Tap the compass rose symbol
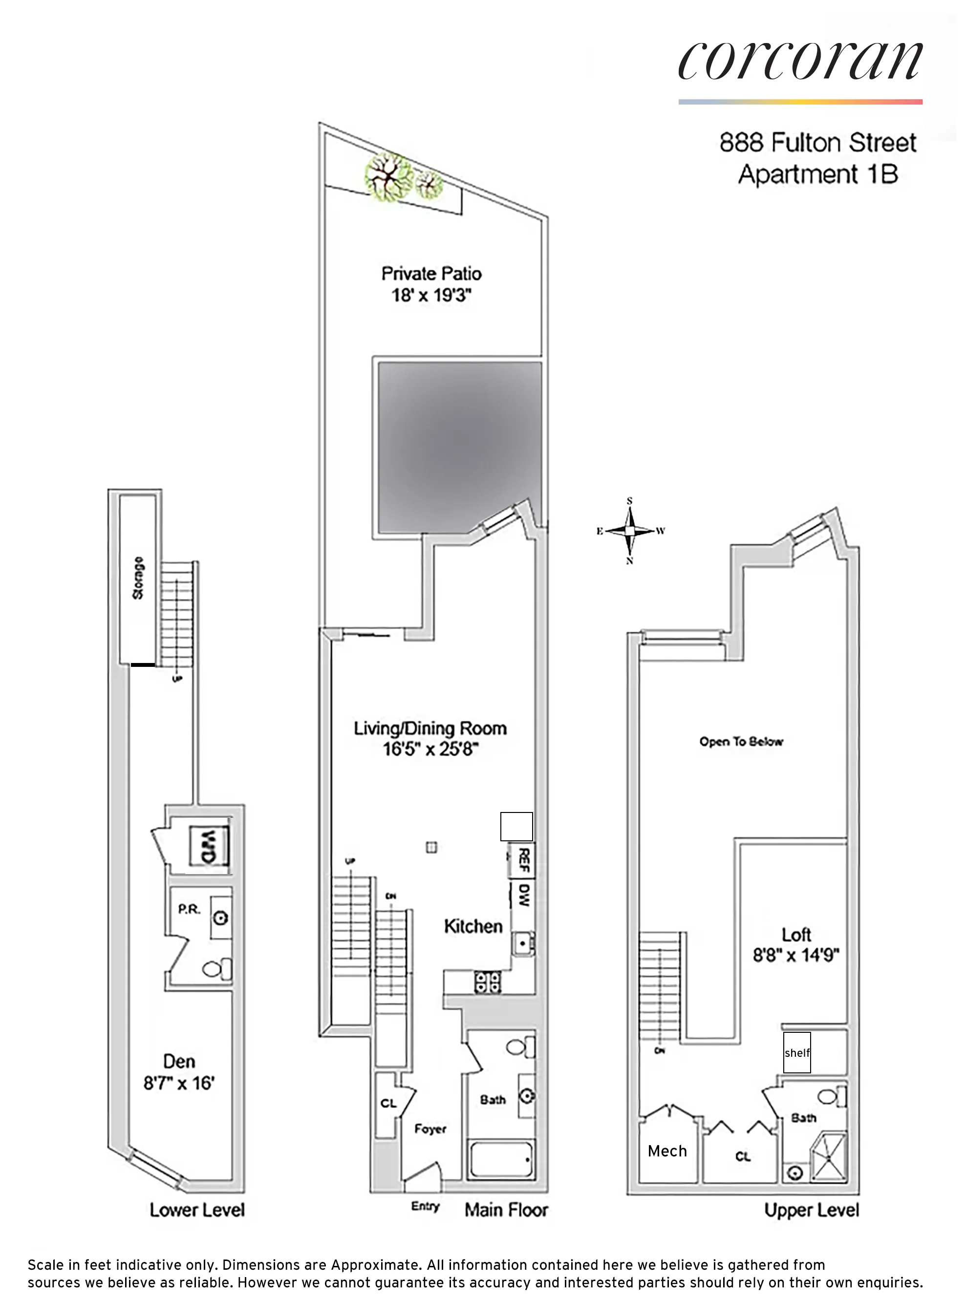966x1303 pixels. pyautogui.click(x=630, y=531)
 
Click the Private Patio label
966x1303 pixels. pyautogui.click(x=431, y=274)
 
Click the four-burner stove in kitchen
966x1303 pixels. pyautogui.click(x=487, y=982)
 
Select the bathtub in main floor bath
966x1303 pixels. pyautogui.click(x=500, y=1159)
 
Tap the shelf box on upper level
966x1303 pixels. pyautogui.click(x=796, y=1052)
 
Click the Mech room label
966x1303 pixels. pyautogui.click(x=667, y=1151)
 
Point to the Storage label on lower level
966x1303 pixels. pyautogui.click(x=138, y=577)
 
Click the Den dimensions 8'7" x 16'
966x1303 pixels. pyautogui.click(x=179, y=1083)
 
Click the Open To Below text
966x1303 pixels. pyautogui.click(x=741, y=741)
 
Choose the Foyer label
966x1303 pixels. pyautogui.click(x=430, y=1129)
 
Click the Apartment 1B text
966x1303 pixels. pyautogui.click(x=817, y=174)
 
